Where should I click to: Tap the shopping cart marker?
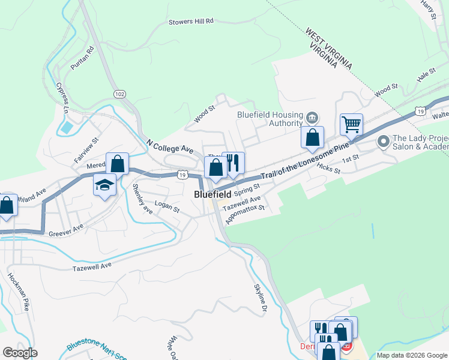(x=351, y=125)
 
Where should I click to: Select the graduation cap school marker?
(x=104, y=185)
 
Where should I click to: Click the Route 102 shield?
(x=119, y=94)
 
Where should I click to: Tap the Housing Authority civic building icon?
(x=312, y=116)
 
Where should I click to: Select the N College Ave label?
(x=170, y=148)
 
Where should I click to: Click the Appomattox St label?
(x=245, y=215)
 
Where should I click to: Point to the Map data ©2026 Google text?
(x=411, y=355)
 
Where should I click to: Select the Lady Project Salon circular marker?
(x=383, y=142)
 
